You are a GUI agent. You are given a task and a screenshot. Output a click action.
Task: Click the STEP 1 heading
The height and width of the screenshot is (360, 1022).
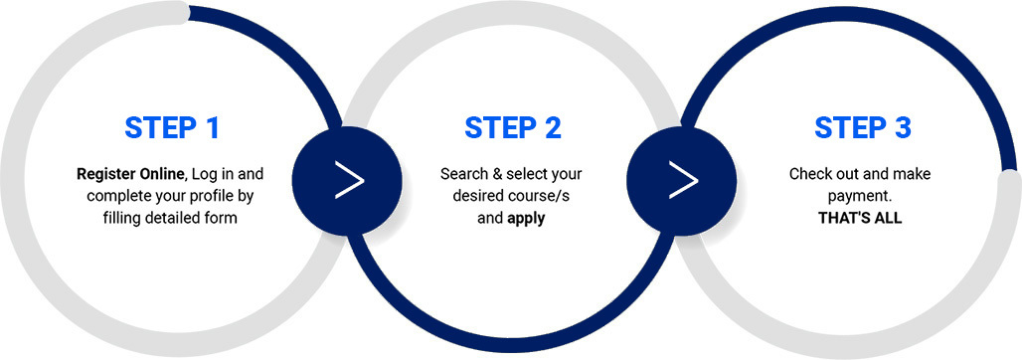pyautogui.click(x=172, y=128)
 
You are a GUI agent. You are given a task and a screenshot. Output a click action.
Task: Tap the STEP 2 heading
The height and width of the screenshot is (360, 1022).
pyautogui.click(x=513, y=128)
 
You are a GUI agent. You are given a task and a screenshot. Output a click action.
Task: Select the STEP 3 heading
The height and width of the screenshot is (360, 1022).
pyautogui.click(x=863, y=128)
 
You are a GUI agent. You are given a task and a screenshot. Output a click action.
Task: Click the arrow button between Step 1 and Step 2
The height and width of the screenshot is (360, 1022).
pyautogui.click(x=347, y=180)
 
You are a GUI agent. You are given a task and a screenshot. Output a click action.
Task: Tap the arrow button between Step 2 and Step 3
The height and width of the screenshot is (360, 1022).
pyautogui.click(x=682, y=180)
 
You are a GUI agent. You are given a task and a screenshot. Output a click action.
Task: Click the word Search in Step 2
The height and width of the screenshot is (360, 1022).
pyautogui.click(x=461, y=175)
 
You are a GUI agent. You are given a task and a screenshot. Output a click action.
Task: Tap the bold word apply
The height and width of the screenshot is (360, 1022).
pyautogui.click(x=526, y=219)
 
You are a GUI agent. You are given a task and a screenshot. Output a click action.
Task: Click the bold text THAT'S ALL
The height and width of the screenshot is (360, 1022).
pyautogui.click(x=860, y=218)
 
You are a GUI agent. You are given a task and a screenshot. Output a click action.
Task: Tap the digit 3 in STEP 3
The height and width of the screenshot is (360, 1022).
pyautogui.click(x=903, y=128)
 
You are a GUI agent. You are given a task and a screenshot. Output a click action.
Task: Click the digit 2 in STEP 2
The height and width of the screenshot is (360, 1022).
pyautogui.click(x=552, y=128)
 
